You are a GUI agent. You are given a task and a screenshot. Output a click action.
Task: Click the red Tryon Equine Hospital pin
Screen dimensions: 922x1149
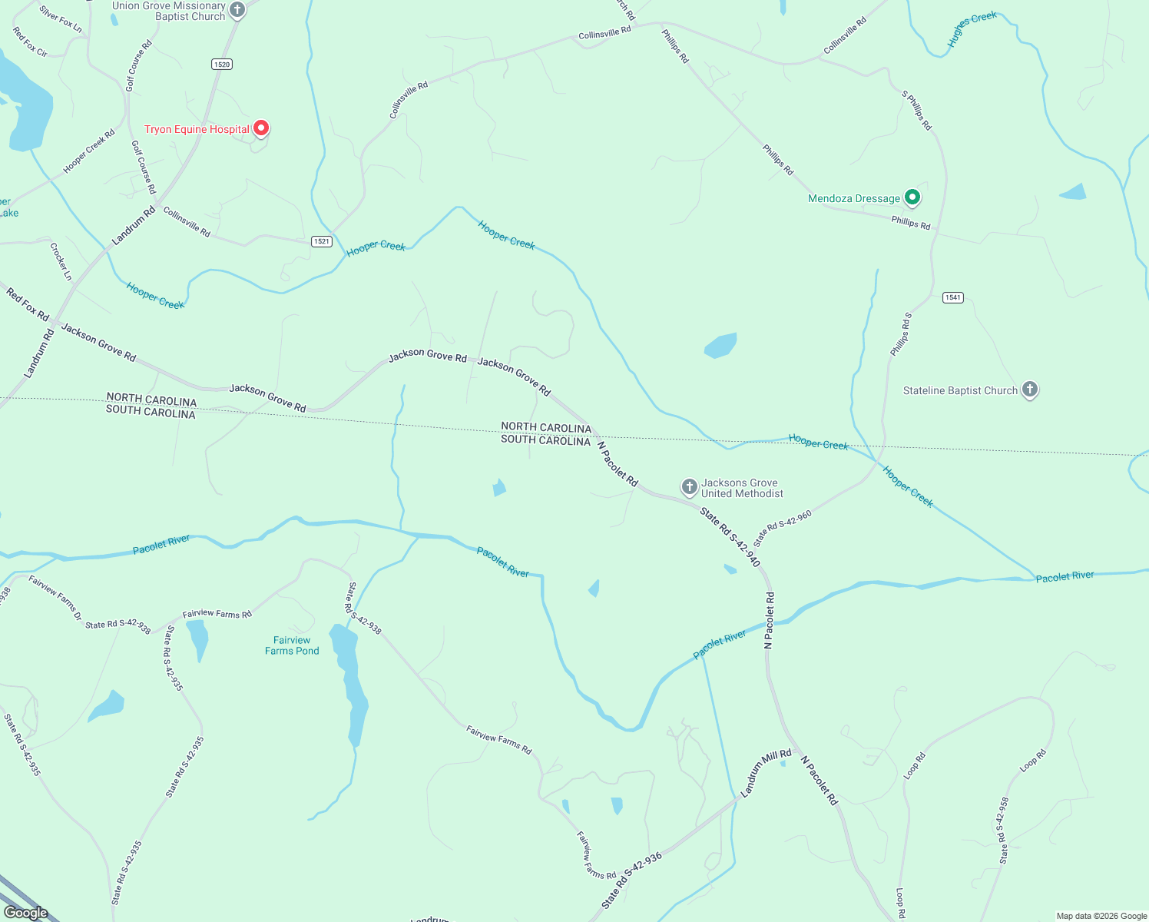pos(261,128)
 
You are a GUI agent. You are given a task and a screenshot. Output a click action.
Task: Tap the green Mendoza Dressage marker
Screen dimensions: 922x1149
pos(912,197)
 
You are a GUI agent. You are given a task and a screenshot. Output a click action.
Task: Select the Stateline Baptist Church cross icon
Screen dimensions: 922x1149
pos(1030,390)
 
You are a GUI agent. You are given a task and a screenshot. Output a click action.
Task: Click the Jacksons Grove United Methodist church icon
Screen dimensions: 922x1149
pos(690,486)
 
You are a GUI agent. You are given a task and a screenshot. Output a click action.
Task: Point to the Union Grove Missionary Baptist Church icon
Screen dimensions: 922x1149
pos(237,10)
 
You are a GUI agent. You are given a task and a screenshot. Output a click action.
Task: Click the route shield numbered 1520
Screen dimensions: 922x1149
pos(222,65)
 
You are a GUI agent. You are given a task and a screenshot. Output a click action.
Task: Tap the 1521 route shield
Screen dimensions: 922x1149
pos(322,241)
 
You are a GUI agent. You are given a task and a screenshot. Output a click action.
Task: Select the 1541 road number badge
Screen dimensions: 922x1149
pos(952,297)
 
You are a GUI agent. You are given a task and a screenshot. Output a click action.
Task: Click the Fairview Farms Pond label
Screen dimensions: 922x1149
pos(292,645)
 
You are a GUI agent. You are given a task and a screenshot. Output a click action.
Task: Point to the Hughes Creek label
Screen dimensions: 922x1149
pos(972,29)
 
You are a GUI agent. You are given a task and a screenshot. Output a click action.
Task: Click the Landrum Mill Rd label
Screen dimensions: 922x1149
pos(766,772)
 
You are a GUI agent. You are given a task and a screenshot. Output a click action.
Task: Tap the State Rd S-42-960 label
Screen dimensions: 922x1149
pos(783,528)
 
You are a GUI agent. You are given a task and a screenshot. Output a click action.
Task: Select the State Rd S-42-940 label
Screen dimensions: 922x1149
pos(730,537)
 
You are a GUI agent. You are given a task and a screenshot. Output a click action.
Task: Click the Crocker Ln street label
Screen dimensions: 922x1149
pos(61,261)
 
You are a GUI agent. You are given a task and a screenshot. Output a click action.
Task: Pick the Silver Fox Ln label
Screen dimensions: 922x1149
pos(60,18)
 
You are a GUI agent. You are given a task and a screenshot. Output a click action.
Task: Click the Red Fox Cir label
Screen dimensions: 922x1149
pos(30,41)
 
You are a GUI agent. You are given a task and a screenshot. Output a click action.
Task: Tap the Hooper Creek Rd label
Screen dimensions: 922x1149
pos(89,151)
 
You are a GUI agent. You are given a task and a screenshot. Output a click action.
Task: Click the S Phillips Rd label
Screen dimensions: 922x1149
pos(916,111)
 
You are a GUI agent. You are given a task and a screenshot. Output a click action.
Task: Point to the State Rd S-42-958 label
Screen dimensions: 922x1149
pos(1003,830)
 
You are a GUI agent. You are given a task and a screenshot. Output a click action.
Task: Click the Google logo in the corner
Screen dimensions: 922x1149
pos(26,912)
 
